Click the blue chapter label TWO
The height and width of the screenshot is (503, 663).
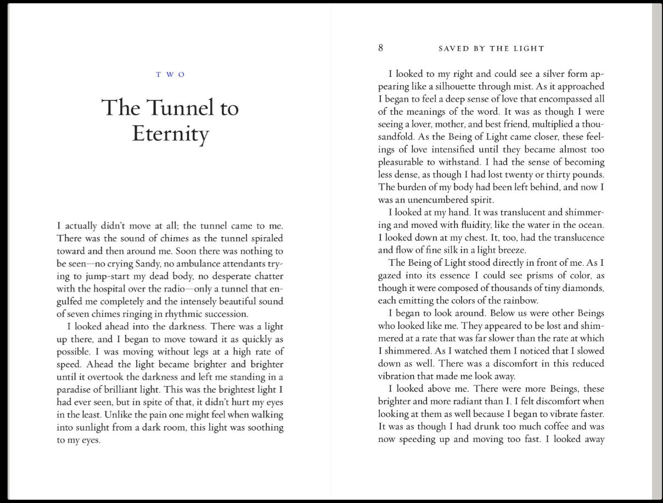tap(170, 75)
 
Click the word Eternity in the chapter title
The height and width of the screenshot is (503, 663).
tap(170, 135)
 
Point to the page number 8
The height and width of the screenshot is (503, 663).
tap(380, 48)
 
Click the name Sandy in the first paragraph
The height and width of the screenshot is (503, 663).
tap(133, 264)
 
